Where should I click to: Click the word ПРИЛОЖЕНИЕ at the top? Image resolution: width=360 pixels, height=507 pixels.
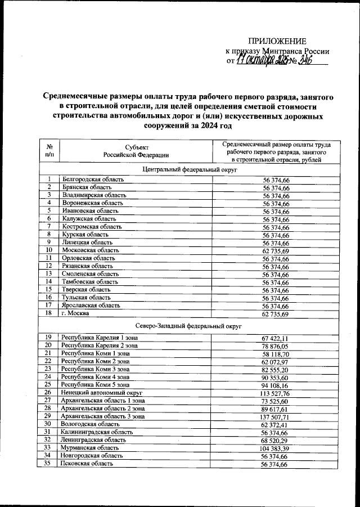pyautogui.click(x=278, y=41)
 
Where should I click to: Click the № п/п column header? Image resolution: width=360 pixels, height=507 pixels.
pyautogui.click(x=49, y=150)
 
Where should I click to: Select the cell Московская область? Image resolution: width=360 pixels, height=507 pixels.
pyautogui.click(x=89, y=249)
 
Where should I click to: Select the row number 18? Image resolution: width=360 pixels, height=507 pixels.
pyautogui.click(x=49, y=313)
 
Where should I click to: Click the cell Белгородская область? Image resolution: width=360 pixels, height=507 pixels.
pyautogui.click(x=93, y=179)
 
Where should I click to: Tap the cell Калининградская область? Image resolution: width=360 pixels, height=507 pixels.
pyautogui.click(x=97, y=432)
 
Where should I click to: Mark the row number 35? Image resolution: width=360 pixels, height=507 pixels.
pyautogui.click(x=49, y=464)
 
